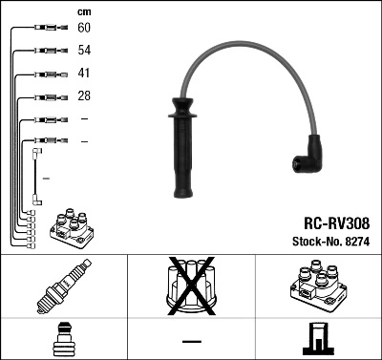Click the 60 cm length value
[84, 29]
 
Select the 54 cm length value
[84, 52]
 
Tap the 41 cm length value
[84, 74]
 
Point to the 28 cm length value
[84, 96]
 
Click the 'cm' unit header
[83, 11]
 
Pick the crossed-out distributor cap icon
[191, 286]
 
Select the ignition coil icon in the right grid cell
[318, 287]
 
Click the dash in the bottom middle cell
[191, 340]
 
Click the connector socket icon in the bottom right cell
[318, 339]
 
